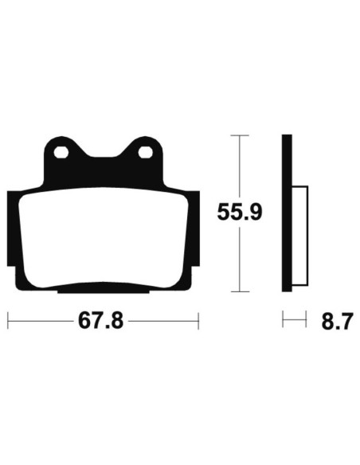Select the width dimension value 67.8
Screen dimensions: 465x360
tap(101, 322)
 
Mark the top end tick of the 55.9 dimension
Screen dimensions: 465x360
tap(240, 137)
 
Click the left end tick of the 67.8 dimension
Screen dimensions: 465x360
tap(8, 322)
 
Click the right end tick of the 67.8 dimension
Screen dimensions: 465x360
tap(197, 322)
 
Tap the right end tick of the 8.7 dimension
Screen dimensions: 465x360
tap(305, 322)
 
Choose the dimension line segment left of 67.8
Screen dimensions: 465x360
tap(40, 322)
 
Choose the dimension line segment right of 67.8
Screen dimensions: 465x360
tap(163, 322)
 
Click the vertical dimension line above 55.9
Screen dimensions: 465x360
tap(240, 167)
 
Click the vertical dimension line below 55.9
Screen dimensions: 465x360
tap(240, 259)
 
